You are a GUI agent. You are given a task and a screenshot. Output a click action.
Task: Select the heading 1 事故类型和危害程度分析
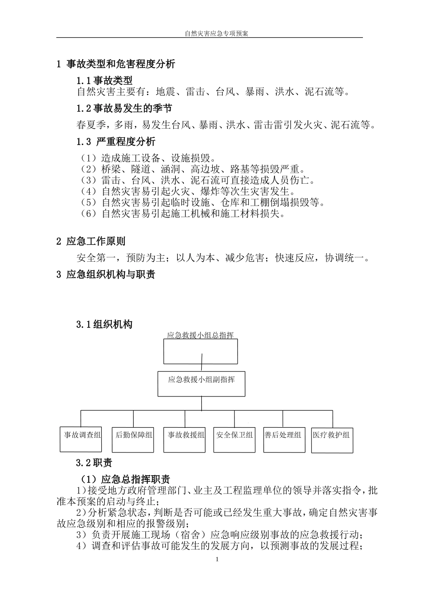coord(115,64)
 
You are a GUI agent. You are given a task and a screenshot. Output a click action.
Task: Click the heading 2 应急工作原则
coord(91,241)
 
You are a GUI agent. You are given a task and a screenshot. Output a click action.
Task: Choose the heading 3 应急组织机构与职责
coord(106,275)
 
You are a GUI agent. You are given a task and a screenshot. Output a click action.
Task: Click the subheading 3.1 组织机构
coord(104,325)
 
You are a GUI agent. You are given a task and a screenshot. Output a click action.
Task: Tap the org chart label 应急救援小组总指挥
coord(200,335)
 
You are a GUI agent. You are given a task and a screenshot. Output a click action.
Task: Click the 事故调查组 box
coord(80,435)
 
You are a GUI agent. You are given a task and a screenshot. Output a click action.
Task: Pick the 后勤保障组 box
coord(134,435)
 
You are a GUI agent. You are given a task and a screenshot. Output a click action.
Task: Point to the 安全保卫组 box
coord(235,435)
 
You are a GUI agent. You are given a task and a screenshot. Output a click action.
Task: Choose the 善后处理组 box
coord(283,435)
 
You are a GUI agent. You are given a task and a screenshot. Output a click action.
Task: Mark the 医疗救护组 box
coord(331,435)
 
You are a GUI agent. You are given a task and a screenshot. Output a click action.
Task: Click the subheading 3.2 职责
coord(94,463)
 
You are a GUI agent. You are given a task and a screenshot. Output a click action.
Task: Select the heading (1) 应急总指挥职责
coord(125,479)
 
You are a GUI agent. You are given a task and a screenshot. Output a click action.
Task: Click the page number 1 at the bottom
coord(217,559)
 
